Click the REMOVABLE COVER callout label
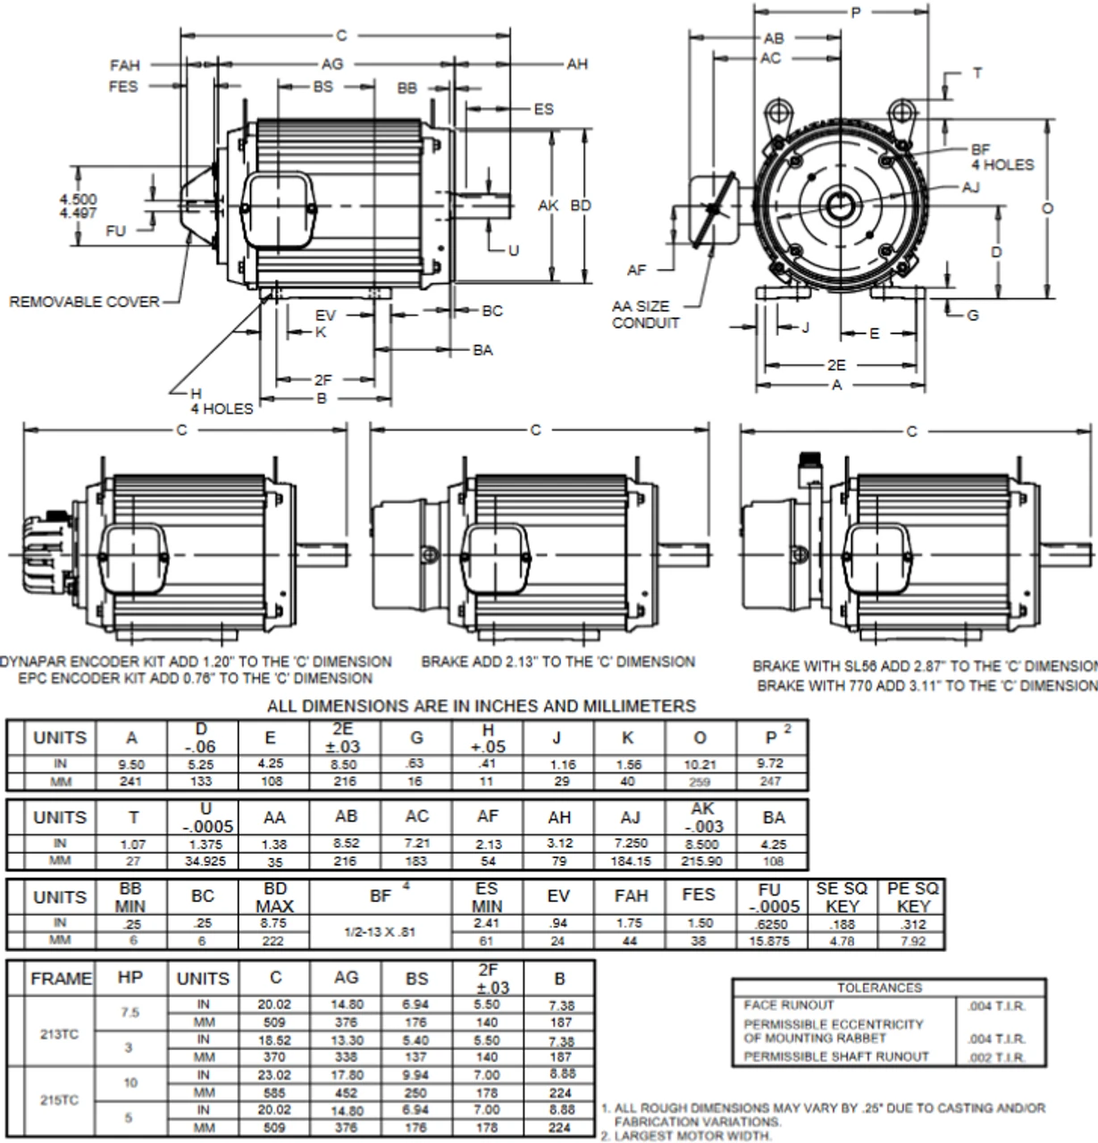click(84, 302)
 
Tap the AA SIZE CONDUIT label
click(645, 314)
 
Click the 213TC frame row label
click(59, 1034)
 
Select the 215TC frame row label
click(59, 1100)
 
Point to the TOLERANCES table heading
click(879, 988)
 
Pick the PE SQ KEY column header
click(912, 897)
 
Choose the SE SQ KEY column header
click(842, 897)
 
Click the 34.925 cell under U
click(205, 862)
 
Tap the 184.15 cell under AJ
click(630, 862)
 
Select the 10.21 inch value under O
click(700, 764)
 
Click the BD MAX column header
click(273, 897)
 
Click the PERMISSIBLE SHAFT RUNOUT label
click(836, 1056)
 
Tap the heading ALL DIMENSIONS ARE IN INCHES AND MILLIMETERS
click(482, 706)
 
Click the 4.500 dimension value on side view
click(79, 198)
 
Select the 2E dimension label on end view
click(835, 365)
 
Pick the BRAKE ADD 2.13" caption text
click(557, 662)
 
